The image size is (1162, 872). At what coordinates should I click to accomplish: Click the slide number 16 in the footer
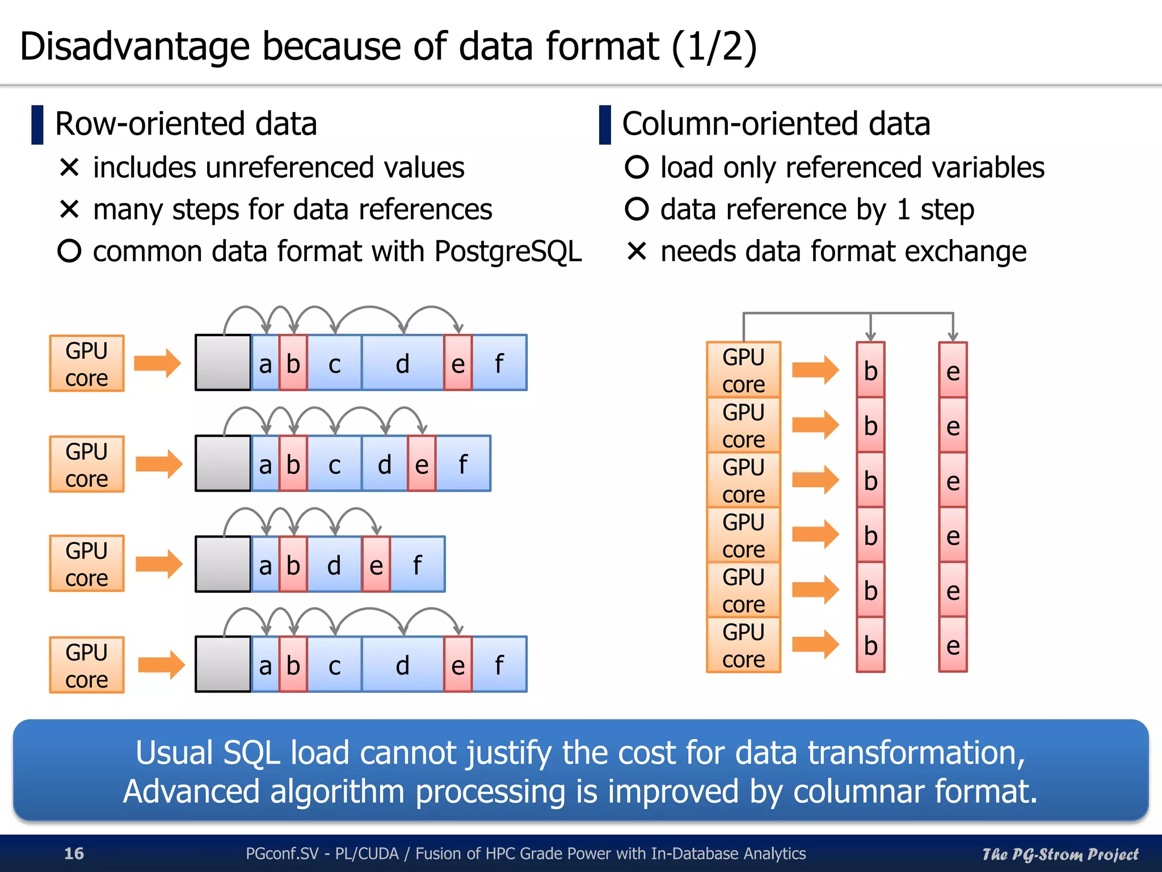74,853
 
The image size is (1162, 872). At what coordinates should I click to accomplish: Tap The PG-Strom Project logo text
1060,854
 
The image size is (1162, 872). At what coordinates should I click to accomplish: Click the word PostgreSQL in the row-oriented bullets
508,251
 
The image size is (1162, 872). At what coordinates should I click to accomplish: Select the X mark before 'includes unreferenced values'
69,167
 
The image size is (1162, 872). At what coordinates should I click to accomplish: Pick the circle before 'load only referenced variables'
637,167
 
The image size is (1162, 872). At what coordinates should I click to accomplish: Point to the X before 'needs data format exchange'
637,251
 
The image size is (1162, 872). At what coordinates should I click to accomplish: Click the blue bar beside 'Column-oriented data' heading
605,124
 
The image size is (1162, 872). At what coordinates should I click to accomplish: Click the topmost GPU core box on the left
87,363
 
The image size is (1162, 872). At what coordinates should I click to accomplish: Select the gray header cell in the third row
223,564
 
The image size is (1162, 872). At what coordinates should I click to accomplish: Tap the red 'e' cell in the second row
422,464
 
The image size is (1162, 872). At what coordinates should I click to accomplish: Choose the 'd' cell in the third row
334,564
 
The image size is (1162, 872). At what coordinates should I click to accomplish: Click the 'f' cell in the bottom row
499,664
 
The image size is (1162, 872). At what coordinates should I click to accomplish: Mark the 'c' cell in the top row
334,363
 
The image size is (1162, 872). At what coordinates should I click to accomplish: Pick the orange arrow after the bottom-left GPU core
161,664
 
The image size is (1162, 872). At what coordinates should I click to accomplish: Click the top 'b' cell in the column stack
870,370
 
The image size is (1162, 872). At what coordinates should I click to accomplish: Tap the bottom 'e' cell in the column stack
953,645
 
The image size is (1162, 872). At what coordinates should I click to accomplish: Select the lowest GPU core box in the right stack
743,645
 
